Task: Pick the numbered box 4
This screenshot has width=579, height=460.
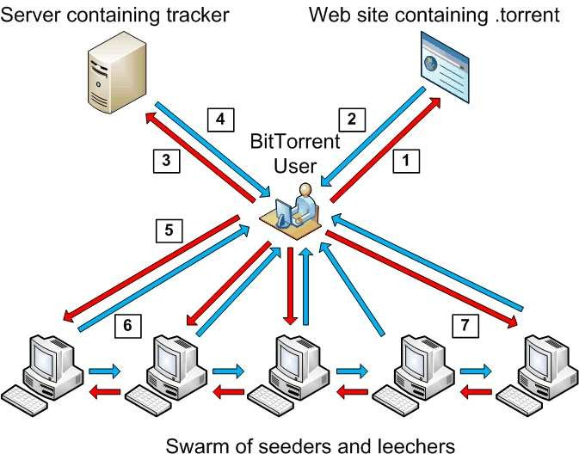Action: pos(221,118)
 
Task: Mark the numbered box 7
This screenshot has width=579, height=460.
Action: pos(465,325)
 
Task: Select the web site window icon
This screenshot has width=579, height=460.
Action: pos(443,62)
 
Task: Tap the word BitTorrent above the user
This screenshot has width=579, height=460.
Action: pos(295,141)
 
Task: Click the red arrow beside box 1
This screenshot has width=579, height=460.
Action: pos(386,145)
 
